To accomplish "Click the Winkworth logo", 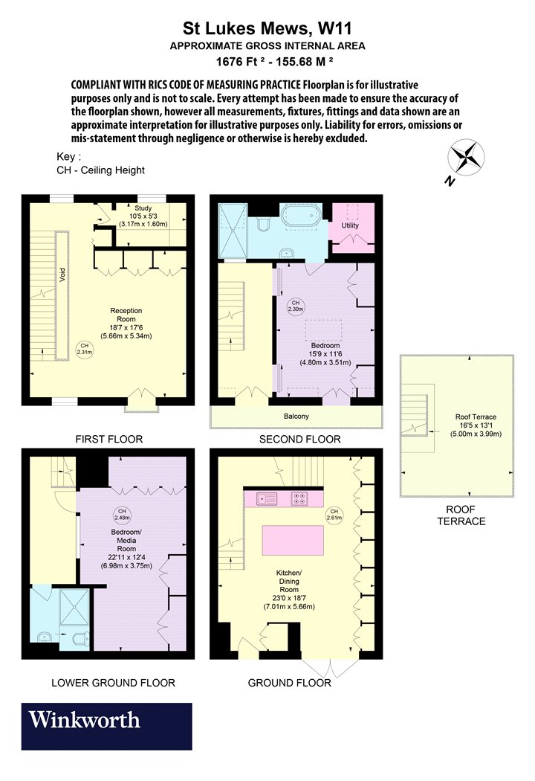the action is pyautogui.click(x=106, y=726).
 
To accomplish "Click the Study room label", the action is pyautogui.click(x=143, y=208).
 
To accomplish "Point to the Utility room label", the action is pyautogui.click(x=350, y=225).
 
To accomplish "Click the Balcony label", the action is pyautogui.click(x=296, y=417).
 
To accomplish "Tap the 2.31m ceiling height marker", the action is pyautogui.click(x=85, y=349).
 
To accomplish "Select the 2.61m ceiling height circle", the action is pyautogui.click(x=334, y=515).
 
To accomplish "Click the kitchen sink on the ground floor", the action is pyautogui.click(x=267, y=498).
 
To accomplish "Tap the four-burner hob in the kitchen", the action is pyautogui.click(x=299, y=498).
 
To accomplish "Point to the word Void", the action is pyautogui.click(x=62, y=275).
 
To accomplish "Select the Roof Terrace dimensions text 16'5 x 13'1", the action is pyautogui.click(x=476, y=425).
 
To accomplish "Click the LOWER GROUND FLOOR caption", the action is pyautogui.click(x=114, y=683).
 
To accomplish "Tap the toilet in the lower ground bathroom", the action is pyautogui.click(x=81, y=638).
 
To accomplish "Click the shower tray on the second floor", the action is pyautogui.click(x=233, y=230).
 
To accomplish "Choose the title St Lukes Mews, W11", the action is pyautogui.click(x=267, y=28).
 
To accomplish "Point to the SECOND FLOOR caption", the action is pyautogui.click(x=300, y=440).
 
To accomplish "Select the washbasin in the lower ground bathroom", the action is pyautogui.click(x=45, y=637).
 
